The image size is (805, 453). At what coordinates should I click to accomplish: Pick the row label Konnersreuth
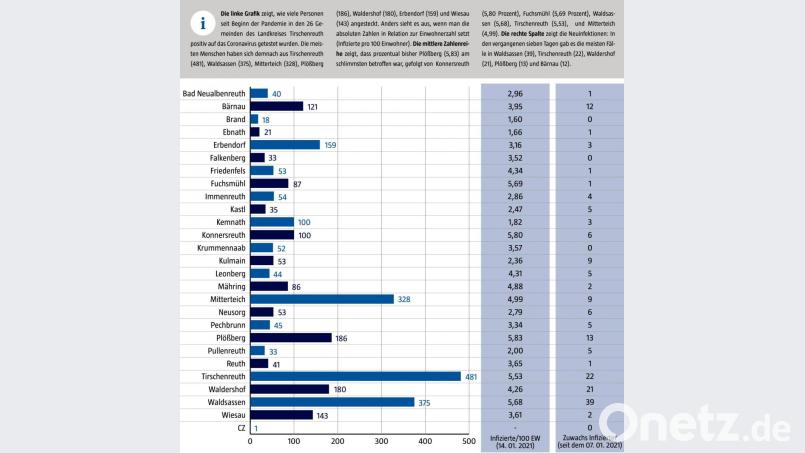pyautogui.click(x=218, y=234)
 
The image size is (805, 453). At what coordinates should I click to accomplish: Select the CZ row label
pyautogui.click(x=240, y=428)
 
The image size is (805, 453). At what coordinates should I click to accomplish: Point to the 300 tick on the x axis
pyautogui.click(x=381, y=441)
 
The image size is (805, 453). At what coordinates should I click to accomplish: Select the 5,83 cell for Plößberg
pyautogui.click(x=515, y=337)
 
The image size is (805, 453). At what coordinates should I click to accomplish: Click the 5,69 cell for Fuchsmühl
pyautogui.click(x=515, y=184)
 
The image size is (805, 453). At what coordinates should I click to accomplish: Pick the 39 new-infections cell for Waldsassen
pyautogui.click(x=591, y=402)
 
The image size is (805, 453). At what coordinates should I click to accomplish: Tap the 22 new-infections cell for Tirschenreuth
pyautogui.click(x=591, y=376)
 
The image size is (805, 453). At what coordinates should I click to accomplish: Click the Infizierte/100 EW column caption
pyautogui.click(x=516, y=441)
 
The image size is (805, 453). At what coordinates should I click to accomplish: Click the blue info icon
pyautogui.click(x=203, y=25)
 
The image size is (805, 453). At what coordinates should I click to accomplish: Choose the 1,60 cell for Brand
pyautogui.click(x=515, y=119)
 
